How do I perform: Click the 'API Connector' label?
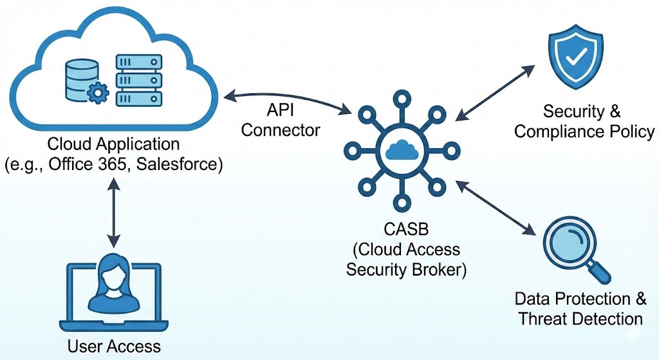(x=280, y=121)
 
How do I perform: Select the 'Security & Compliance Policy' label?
(x=584, y=122)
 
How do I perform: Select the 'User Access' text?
(x=114, y=346)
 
